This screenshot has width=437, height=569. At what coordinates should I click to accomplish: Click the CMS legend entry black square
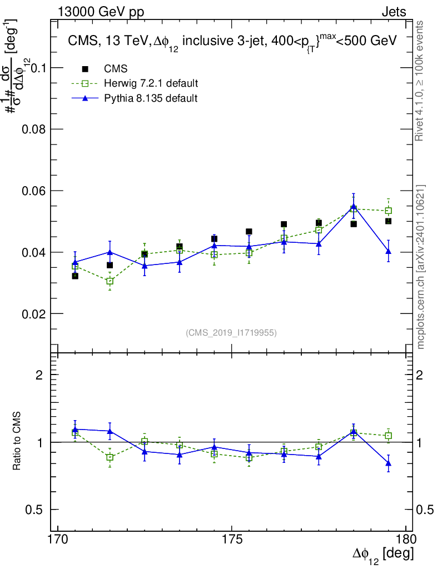(85, 68)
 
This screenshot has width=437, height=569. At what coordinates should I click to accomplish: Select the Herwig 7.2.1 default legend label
(151, 83)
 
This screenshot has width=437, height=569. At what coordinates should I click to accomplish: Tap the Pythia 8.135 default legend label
(151, 98)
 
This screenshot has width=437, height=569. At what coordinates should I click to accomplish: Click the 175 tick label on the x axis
(232, 539)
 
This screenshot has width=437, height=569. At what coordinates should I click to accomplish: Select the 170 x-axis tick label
(58, 539)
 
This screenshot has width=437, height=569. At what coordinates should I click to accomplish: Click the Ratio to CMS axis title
(17, 441)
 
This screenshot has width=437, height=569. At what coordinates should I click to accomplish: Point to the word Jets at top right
(394, 12)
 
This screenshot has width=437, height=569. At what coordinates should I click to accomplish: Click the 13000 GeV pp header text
(101, 12)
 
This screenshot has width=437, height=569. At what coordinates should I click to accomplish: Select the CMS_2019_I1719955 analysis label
(231, 333)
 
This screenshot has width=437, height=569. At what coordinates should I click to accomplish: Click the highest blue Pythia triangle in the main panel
(354, 207)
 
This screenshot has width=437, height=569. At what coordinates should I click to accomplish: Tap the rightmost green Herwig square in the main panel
(389, 211)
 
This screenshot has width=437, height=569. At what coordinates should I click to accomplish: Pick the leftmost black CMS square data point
(75, 276)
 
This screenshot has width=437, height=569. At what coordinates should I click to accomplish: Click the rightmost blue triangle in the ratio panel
(389, 463)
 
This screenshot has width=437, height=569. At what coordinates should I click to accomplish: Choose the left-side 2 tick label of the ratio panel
(39, 375)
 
